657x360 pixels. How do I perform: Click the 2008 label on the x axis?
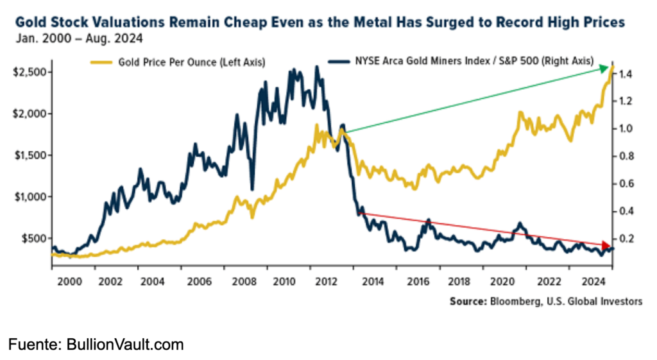(241, 281)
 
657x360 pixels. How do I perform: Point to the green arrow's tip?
(609, 67)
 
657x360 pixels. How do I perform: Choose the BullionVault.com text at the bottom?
(125, 345)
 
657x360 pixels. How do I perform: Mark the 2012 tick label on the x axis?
(329, 281)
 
